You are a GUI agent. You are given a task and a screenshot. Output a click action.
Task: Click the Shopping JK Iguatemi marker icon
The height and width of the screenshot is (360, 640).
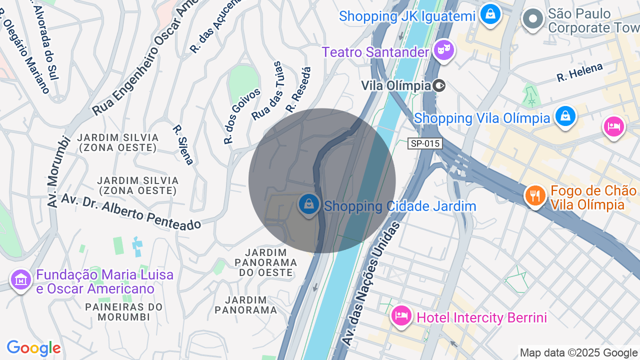click(x=490, y=13)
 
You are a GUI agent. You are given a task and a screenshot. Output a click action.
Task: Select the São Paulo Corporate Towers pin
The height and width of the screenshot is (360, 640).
click(x=532, y=19)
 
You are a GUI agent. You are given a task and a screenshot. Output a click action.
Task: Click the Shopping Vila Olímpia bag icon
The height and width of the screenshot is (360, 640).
click(x=565, y=116)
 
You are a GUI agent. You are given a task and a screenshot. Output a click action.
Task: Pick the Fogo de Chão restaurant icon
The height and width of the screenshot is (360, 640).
click(x=535, y=195)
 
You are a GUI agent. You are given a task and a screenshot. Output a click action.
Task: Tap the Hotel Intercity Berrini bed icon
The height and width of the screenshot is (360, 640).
click(x=401, y=315)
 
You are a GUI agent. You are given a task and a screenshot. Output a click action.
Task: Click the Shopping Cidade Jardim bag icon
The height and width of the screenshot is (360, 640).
click(x=309, y=204)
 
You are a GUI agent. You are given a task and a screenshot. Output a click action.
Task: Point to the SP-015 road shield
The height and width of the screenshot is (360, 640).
click(x=425, y=144)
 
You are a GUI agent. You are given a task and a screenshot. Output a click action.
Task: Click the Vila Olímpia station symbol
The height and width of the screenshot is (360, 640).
click(x=439, y=85)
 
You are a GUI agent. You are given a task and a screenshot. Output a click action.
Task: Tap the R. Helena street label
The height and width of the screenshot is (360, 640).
click(x=580, y=72)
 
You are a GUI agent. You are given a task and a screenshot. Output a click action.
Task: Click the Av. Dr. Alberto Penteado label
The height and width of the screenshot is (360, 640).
click(x=131, y=212)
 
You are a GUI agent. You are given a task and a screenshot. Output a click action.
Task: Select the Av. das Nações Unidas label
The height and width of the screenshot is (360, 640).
click(x=370, y=283)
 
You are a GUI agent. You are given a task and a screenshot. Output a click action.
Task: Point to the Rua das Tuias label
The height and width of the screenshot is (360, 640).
click(x=267, y=91)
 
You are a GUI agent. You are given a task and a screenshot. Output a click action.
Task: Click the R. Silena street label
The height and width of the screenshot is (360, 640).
click(x=183, y=144)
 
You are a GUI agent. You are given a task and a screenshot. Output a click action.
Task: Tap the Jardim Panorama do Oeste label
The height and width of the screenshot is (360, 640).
click(x=265, y=262)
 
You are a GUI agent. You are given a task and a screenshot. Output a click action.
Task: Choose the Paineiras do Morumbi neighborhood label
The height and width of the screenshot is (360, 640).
click(x=124, y=311)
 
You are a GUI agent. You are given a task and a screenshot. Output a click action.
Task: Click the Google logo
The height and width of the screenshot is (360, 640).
click(x=33, y=348)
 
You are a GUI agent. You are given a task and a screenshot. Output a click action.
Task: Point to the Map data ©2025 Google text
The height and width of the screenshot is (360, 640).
click(x=579, y=353)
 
